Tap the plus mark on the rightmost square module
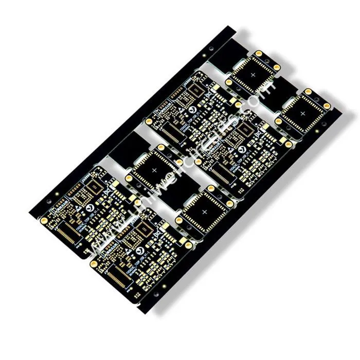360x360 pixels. click(302, 113)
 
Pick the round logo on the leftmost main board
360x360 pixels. click(91, 208)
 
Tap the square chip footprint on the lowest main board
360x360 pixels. click(146, 229)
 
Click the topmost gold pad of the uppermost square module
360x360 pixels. click(259, 53)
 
